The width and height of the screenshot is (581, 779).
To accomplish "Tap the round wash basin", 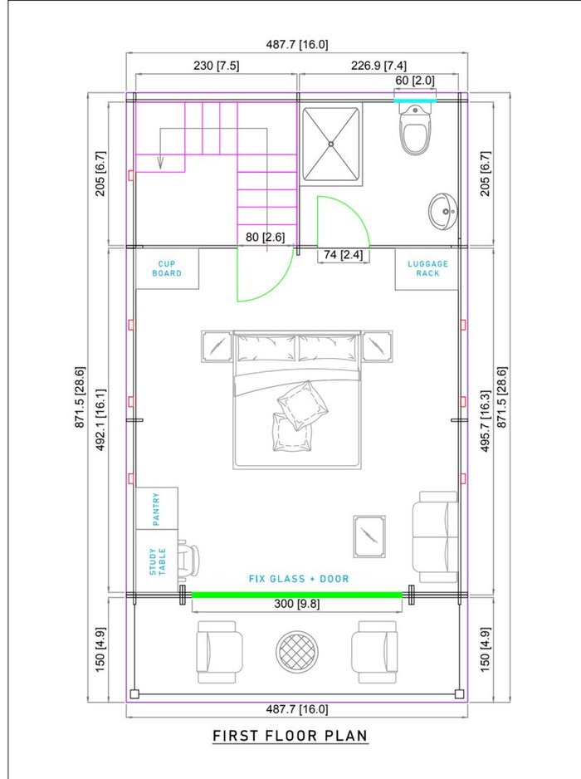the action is coord(443,212).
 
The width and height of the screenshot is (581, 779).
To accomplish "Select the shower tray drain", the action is coord(330,144).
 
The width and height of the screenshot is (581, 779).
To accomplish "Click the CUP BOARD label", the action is coord(167,269).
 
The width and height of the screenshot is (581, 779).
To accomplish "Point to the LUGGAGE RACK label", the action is coord(427,269).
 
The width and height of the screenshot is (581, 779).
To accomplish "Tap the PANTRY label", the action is coord(156,509).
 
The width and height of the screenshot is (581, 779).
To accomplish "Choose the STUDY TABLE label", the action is coord(158,562).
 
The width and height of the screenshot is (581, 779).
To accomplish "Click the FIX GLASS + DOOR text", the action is coord(299,579).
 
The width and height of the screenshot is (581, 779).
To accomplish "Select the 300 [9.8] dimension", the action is coord(297,604).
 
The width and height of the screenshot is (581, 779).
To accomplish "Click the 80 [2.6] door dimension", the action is coord(265,237).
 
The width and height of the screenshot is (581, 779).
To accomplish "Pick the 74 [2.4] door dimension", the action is coord(343,255).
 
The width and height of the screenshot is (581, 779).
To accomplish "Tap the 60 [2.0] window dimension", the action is coord(415,81).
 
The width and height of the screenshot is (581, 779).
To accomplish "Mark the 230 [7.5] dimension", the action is coord(216,66).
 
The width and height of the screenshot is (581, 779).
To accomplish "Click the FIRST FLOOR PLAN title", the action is coord(290,736).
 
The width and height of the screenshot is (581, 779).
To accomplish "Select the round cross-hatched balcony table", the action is coord(297,652).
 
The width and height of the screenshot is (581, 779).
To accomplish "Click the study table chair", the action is coord(188,559).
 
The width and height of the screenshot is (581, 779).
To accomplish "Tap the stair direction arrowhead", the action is coord(160,163).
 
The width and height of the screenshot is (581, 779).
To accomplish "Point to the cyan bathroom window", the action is coord(415,100).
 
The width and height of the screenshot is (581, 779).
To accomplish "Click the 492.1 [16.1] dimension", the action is coord(100,419).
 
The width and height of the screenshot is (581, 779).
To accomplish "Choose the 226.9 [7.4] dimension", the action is coord(378,66).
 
